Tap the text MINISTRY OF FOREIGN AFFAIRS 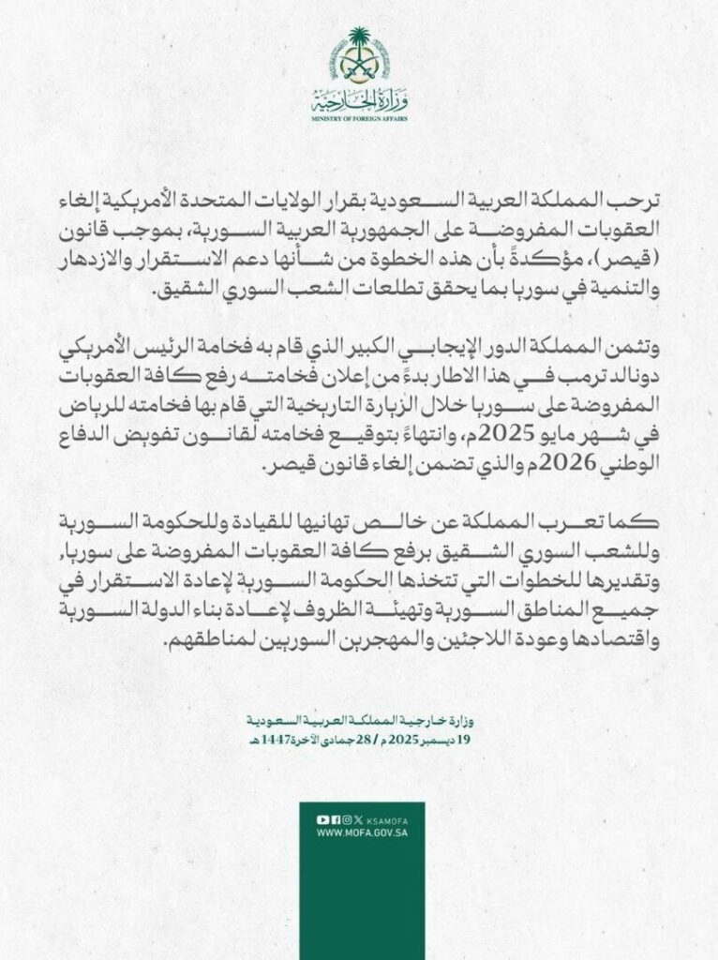click(359, 121)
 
